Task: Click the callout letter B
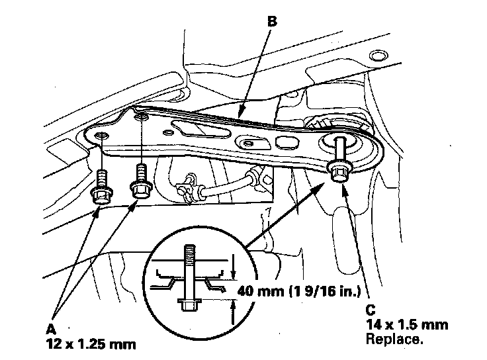click(x=272, y=22)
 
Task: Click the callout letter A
click(x=51, y=329)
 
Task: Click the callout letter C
click(x=371, y=310)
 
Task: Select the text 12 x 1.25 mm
click(x=91, y=344)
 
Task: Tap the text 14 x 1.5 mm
click(x=407, y=325)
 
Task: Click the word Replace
click(x=394, y=339)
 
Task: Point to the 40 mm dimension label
click(x=299, y=291)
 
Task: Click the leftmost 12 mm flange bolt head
click(x=101, y=195)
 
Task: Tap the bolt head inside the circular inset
click(x=189, y=304)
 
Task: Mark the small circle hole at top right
click(x=378, y=56)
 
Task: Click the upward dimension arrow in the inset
click(x=234, y=312)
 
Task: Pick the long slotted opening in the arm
click(x=200, y=129)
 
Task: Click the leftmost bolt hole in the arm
click(x=101, y=135)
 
